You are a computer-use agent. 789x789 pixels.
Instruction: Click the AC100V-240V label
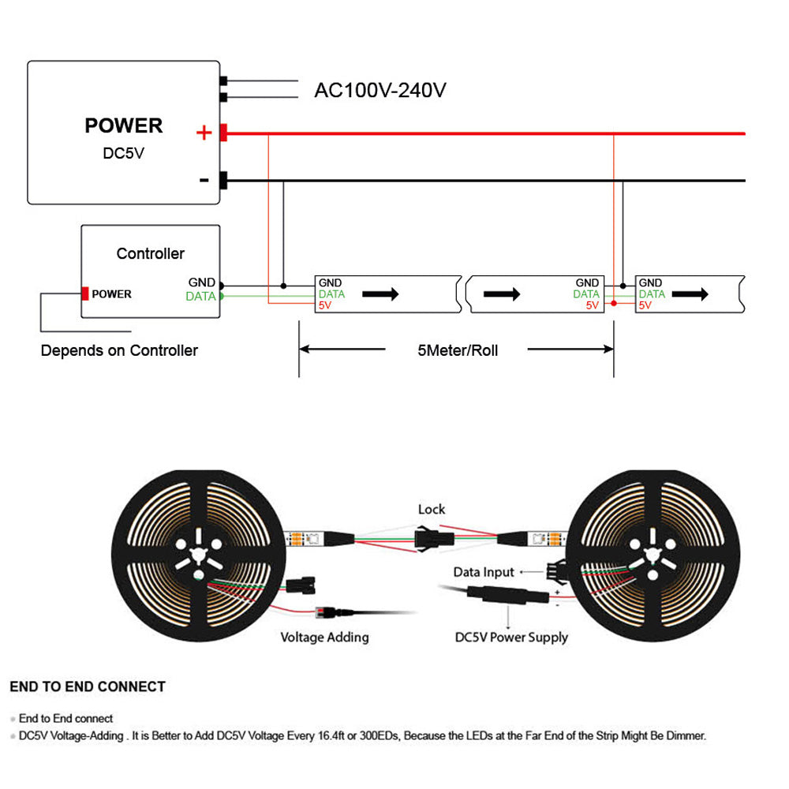click(x=380, y=90)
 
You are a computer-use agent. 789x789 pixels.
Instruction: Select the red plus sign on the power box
click(x=204, y=133)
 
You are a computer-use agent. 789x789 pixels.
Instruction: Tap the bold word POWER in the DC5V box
click(x=123, y=125)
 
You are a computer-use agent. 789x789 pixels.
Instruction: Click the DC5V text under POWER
click(x=124, y=153)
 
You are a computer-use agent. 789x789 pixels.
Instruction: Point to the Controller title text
click(x=150, y=253)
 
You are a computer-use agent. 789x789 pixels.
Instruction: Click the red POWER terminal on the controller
click(x=84, y=294)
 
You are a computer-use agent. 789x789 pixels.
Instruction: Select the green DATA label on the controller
click(x=200, y=297)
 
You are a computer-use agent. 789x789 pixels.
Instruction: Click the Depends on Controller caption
click(x=119, y=350)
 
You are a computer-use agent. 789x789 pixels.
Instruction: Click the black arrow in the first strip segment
click(x=380, y=294)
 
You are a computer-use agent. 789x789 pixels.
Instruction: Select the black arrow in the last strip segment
click(x=691, y=294)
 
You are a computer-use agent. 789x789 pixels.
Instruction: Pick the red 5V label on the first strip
click(x=324, y=305)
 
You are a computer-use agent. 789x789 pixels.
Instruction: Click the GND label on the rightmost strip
click(x=650, y=282)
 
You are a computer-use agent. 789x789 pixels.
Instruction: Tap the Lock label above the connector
click(x=432, y=510)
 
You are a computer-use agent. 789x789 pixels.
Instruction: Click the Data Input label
click(x=484, y=572)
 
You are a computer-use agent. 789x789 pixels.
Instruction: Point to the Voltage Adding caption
click(x=324, y=637)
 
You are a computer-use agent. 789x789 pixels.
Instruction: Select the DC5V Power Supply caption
click(x=511, y=637)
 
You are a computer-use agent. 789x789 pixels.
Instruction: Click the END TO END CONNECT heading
click(x=88, y=686)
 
